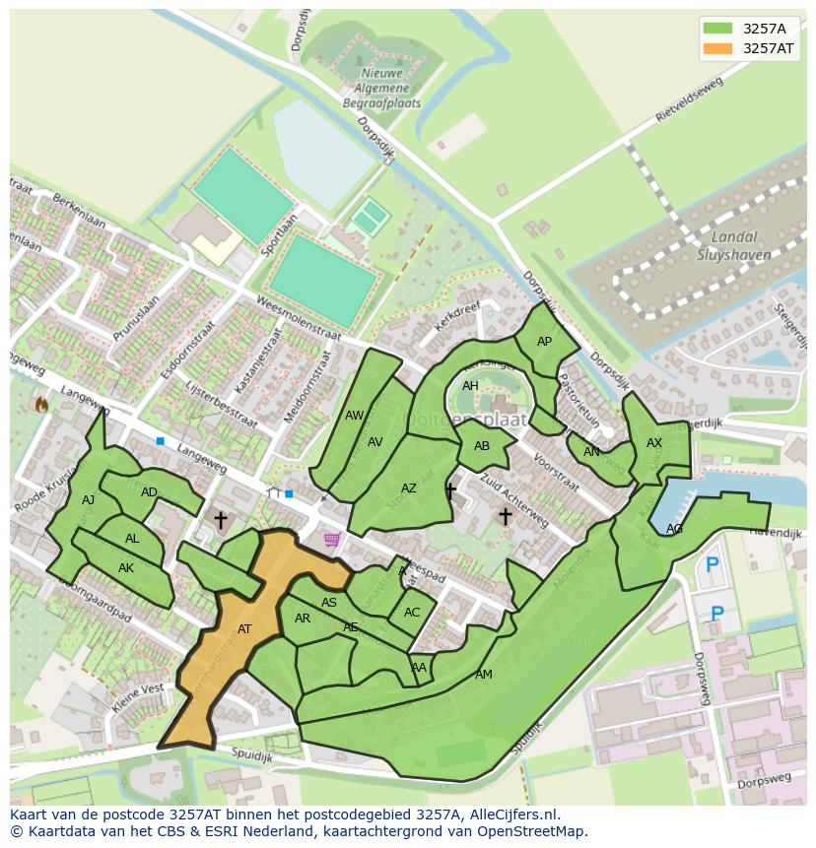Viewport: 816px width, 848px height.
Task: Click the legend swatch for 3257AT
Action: (719, 48)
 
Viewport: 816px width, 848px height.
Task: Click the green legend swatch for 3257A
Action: (719, 28)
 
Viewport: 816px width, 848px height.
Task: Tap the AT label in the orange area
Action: (244, 628)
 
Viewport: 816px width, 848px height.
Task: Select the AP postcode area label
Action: (544, 342)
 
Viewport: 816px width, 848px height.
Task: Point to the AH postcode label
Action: (470, 386)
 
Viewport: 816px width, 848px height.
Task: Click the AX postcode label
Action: (654, 443)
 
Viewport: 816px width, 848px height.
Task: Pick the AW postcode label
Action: (354, 416)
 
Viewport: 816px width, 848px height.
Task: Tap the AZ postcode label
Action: (408, 489)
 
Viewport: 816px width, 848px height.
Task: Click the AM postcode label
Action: (483, 675)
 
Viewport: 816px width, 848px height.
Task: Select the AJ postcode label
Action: (89, 500)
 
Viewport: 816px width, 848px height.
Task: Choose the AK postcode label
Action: (126, 568)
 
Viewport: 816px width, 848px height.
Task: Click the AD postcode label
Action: (149, 492)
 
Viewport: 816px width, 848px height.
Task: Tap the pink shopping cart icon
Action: (331, 539)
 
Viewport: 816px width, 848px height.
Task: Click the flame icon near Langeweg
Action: (41, 404)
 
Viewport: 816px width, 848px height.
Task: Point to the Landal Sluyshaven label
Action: (733, 245)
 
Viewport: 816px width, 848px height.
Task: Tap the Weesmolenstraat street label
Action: (298, 318)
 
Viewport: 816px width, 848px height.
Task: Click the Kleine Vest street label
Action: (139, 701)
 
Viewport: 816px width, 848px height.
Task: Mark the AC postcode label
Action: (411, 613)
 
